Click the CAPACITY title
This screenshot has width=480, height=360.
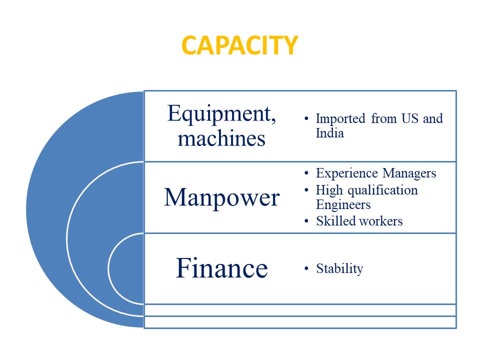pyautogui.click(x=239, y=45)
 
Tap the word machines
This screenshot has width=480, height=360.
pyautogui.click(x=221, y=138)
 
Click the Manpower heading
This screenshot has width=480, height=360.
pyautogui.click(x=222, y=198)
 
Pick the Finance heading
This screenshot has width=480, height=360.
pyautogui.click(x=222, y=268)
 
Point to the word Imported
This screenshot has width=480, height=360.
pyautogui.click(x=340, y=119)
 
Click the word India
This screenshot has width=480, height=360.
pyautogui.click(x=329, y=133)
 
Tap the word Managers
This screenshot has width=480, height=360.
pyautogui.click(x=409, y=173)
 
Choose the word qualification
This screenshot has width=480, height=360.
pyautogui.click(x=383, y=190)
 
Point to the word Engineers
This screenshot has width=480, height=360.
pyautogui.click(x=343, y=205)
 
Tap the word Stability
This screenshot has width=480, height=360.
pyautogui.click(x=339, y=269)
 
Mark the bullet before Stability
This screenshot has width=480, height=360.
pyautogui.click(x=306, y=268)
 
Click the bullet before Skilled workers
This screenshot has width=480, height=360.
pyautogui.click(x=306, y=221)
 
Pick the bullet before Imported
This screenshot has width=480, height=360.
pyautogui.click(x=306, y=118)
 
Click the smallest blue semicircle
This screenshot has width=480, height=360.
pyautogui.click(x=126, y=268)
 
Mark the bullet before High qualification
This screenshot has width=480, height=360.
pyautogui.click(x=306, y=190)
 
